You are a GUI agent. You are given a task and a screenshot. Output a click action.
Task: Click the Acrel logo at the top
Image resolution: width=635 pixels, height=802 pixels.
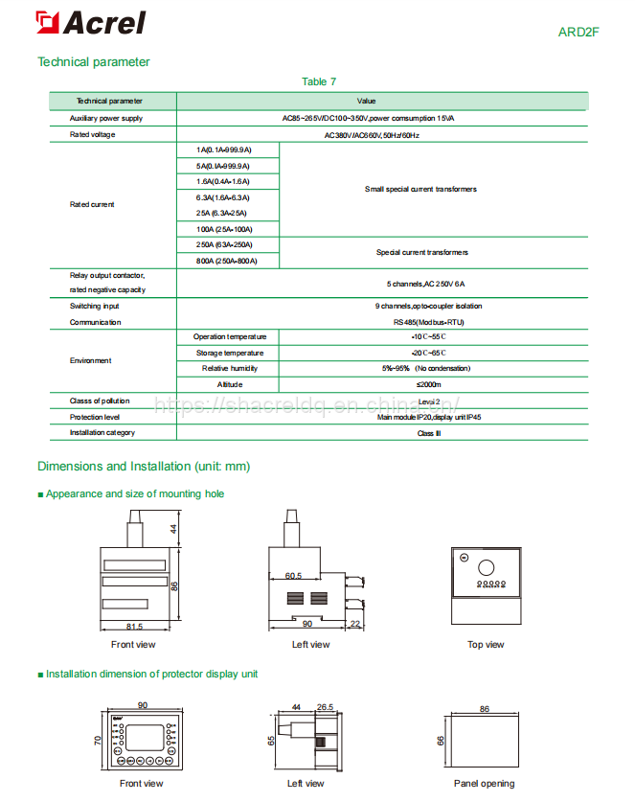91,23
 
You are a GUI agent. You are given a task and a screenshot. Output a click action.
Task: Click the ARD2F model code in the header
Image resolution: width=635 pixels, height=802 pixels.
579,31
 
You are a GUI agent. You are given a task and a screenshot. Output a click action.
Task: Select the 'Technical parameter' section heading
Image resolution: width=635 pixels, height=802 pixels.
94,62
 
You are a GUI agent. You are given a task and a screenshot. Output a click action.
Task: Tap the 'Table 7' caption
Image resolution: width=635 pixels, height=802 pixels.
319,82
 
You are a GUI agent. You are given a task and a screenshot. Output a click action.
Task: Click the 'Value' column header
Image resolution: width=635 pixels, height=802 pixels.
366,101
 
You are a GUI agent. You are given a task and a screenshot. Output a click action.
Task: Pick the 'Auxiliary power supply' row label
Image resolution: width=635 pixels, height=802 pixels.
106,118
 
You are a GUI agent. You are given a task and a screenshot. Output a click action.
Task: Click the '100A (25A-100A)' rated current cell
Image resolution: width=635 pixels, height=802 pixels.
222,229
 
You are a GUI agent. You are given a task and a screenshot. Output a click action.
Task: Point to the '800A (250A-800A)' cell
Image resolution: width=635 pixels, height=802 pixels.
226,261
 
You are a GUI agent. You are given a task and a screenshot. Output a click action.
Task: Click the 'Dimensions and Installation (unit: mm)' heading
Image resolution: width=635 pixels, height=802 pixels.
144,467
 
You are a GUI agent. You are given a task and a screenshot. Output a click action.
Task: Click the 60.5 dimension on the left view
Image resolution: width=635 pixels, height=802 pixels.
293,577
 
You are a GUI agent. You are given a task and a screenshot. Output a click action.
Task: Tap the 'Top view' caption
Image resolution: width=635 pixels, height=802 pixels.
486,645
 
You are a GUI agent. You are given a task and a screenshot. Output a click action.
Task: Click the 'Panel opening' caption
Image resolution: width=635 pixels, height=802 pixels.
484,784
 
